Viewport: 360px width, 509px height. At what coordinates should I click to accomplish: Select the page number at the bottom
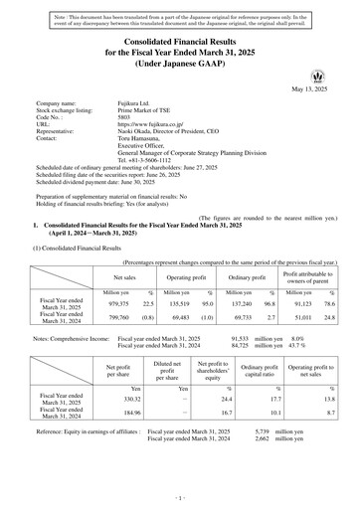pyautogui.click(x=180, y=495)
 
